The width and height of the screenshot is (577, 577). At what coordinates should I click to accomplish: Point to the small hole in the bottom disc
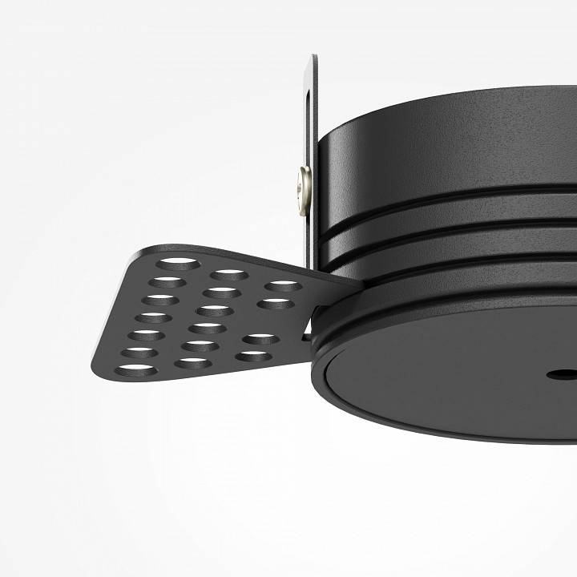(554, 373)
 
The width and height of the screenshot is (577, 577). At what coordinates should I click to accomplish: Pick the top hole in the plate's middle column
(230, 275)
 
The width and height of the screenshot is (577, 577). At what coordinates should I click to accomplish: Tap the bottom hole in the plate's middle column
(193, 363)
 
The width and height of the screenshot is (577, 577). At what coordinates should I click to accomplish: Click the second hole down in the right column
(273, 304)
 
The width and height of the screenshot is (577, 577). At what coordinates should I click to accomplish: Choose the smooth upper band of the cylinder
(449, 152)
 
